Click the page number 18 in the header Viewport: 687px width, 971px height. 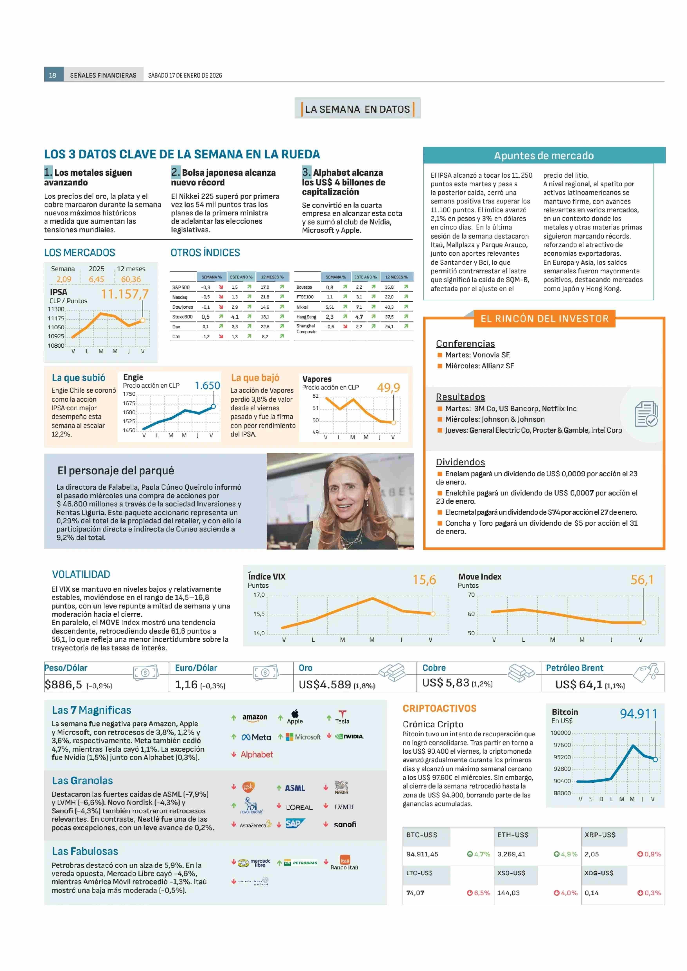point(52,75)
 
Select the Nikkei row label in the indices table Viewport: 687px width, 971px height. point(302,307)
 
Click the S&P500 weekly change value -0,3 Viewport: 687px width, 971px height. point(206,287)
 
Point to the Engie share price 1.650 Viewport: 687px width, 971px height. point(207,385)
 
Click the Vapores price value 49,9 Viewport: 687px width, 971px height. point(388,387)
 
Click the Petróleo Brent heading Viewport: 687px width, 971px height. point(574,668)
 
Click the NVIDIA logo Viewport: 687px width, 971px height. point(349,736)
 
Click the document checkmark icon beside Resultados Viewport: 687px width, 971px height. point(646,414)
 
